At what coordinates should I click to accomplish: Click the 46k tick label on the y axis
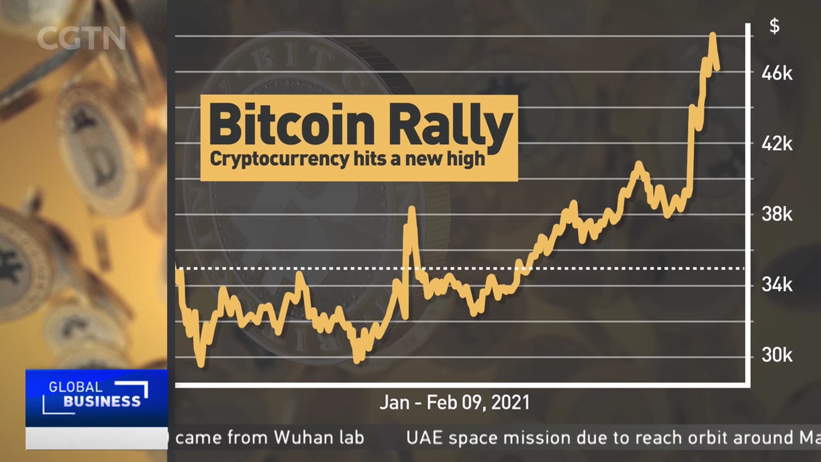777,74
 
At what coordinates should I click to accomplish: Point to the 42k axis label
777,144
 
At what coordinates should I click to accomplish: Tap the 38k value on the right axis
777,214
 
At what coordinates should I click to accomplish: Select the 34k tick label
777,284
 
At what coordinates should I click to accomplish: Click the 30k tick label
777,355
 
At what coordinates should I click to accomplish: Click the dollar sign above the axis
774,27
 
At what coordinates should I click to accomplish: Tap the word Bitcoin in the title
292,125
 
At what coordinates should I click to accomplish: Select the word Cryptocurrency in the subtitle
280,159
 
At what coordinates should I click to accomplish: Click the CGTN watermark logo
81,38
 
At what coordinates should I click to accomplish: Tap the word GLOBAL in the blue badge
75,387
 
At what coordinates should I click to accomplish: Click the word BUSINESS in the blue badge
102,402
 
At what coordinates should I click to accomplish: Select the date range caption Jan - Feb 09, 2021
454,403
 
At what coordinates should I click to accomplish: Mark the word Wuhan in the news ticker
304,438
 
